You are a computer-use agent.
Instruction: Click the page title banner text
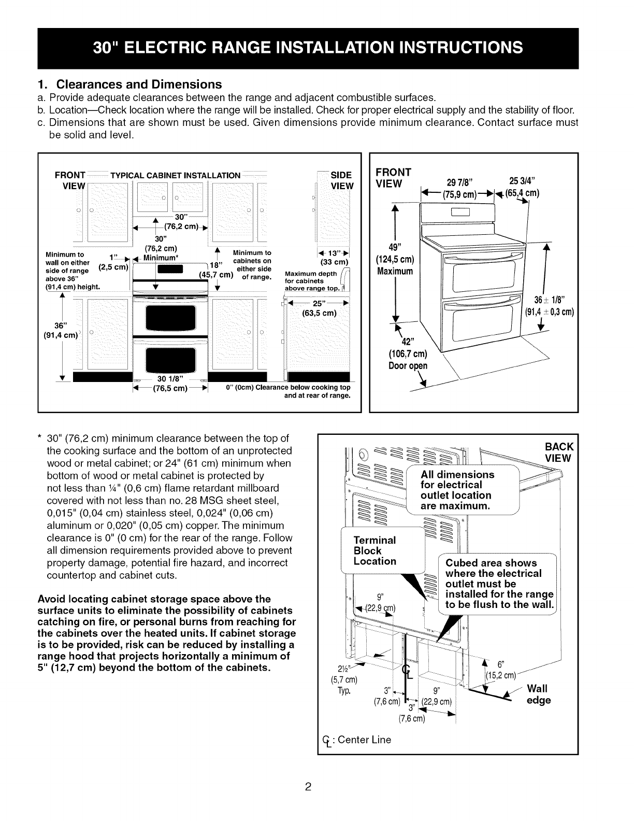coord(308,47)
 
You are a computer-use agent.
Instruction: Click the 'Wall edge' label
coord(539,695)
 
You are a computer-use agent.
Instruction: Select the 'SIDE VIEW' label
coord(341,180)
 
